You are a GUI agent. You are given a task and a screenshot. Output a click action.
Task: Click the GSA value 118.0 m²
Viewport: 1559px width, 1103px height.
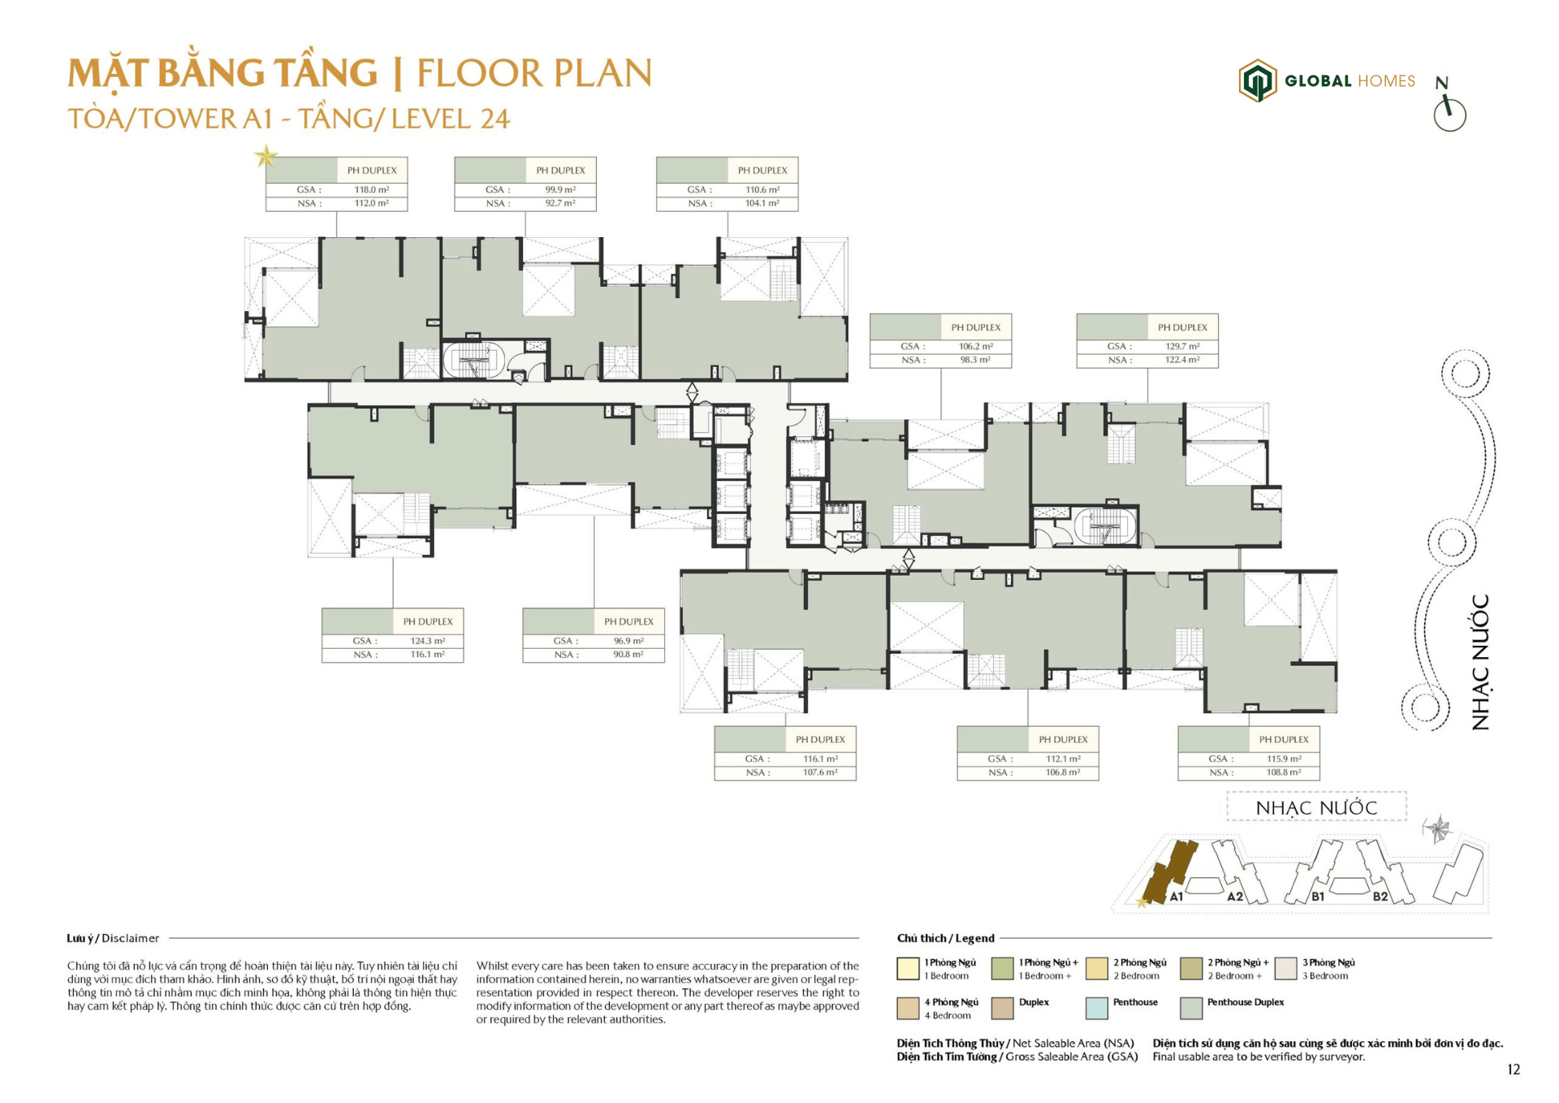371,190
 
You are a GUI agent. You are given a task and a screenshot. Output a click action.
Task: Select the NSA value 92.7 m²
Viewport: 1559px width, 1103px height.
560,203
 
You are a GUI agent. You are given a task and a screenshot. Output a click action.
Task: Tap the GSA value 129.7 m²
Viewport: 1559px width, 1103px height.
1182,347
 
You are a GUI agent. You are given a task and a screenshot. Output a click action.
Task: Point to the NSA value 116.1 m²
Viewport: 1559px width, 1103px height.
427,655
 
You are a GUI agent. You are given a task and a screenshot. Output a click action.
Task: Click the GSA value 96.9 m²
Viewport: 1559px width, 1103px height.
628,642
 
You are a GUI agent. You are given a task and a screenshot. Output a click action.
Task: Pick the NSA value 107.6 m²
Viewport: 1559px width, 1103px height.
820,772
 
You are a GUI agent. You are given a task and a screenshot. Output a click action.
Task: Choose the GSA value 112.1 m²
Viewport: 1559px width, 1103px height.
1063,759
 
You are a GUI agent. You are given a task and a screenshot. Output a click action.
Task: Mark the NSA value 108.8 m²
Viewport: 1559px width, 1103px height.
1284,772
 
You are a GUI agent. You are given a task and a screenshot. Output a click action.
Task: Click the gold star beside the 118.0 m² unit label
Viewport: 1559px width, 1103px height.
266,155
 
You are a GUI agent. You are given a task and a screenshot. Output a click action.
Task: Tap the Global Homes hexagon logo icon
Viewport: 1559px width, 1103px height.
1257,80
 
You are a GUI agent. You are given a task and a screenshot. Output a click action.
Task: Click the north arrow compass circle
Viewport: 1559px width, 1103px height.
1449,115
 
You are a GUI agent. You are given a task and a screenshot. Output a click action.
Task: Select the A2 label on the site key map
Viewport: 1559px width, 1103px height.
1235,897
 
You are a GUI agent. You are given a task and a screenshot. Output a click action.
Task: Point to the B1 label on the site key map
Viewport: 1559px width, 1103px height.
1317,897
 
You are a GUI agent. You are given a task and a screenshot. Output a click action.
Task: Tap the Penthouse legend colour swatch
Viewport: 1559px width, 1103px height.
1096,1008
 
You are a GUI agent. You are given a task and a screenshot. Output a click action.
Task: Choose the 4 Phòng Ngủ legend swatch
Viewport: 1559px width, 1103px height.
908,1008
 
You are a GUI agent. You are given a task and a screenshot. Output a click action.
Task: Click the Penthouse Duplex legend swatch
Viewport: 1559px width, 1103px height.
1190,1008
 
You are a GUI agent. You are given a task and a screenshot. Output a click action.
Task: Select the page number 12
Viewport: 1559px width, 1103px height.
1513,1070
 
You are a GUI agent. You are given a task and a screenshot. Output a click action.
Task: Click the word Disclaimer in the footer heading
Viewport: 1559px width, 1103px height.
131,938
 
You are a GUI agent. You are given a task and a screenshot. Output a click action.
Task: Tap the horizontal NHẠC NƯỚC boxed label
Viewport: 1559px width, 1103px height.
1316,808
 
